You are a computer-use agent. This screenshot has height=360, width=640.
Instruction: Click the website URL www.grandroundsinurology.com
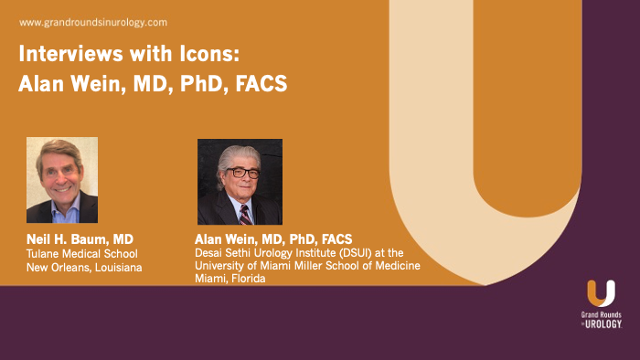pyautogui.click(x=92, y=21)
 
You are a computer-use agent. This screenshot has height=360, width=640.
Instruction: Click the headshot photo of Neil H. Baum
pyautogui.click(x=62, y=180)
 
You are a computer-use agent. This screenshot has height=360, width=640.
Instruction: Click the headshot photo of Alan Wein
pyautogui.click(x=240, y=182)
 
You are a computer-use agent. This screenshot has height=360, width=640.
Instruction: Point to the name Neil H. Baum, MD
pyautogui.click(x=80, y=239)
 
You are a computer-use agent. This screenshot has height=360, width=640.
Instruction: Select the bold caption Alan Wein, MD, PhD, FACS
pyautogui.click(x=273, y=239)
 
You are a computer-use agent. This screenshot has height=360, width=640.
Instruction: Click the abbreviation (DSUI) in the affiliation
pyautogui.click(x=360, y=253)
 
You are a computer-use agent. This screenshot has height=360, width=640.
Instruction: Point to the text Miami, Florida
pyautogui.click(x=230, y=278)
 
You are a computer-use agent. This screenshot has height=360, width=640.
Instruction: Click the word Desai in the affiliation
pyautogui.click(x=211, y=253)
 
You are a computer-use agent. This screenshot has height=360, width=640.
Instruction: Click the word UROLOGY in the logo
pyautogui.click(x=604, y=324)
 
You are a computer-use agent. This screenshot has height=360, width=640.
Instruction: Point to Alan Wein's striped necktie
pyautogui.click(x=245, y=214)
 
